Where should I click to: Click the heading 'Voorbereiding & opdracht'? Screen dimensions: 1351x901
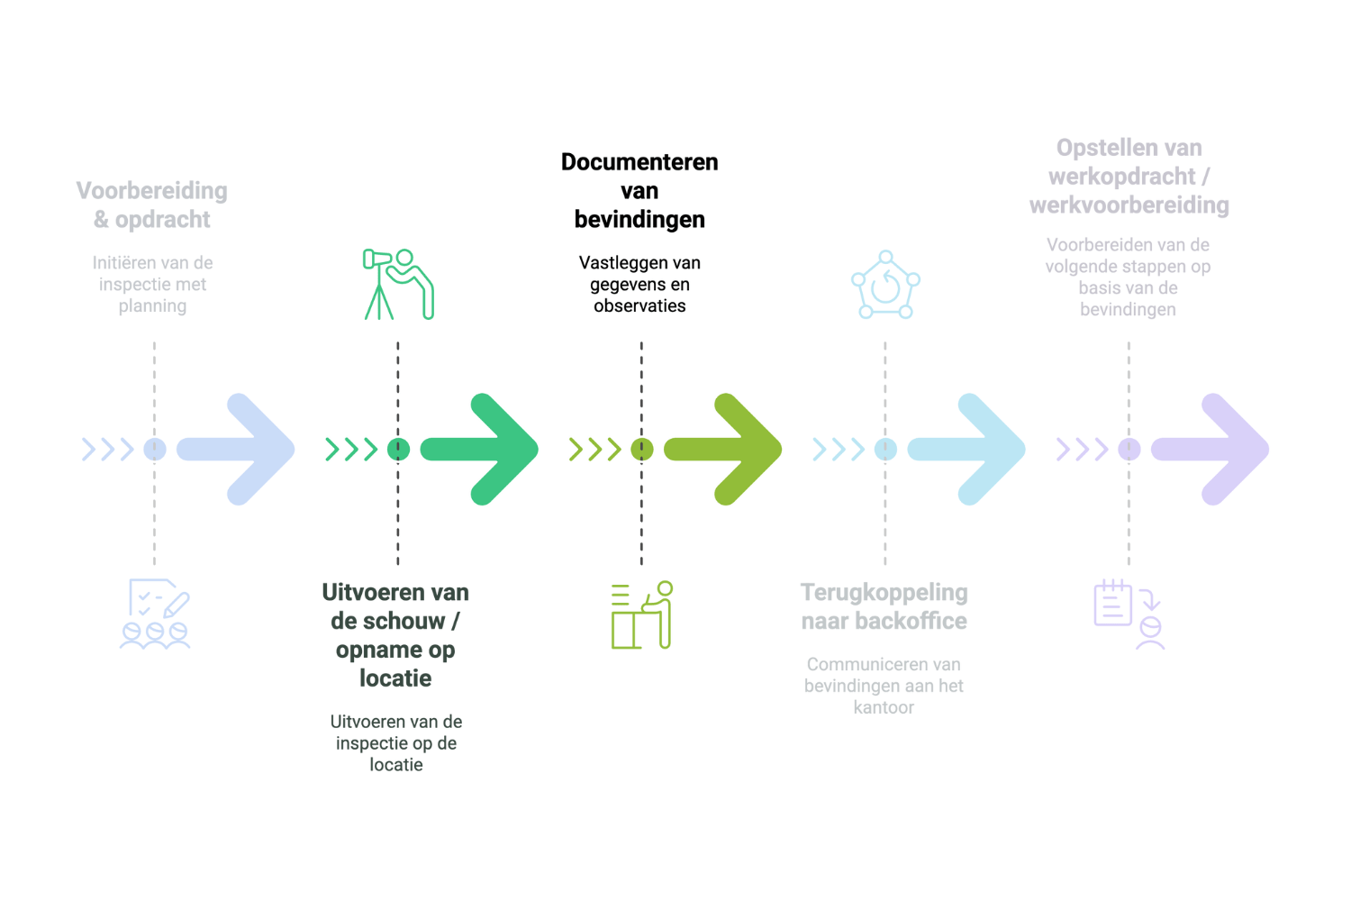(x=152, y=205)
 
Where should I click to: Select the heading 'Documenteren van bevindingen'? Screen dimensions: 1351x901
(x=639, y=191)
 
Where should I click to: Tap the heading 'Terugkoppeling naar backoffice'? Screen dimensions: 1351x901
(x=884, y=606)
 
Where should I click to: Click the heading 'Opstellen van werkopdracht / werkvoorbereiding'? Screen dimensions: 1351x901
(x=1129, y=177)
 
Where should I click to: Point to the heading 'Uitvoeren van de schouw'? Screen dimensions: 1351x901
(x=395, y=635)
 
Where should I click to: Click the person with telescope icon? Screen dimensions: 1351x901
(x=399, y=284)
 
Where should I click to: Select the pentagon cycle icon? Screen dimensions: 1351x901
(x=885, y=284)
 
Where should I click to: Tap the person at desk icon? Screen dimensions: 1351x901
(x=641, y=614)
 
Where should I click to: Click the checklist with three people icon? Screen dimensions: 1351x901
(x=155, y=614)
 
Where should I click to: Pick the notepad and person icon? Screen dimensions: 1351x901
(x=1129, y=614)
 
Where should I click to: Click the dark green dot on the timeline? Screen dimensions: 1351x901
(x=398, y=450)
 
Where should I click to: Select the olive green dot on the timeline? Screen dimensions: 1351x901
(x=641, y=450)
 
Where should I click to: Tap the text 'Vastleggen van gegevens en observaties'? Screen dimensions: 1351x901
(x=639, y=284)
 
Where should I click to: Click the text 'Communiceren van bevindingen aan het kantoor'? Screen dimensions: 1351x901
(x=884, y=686)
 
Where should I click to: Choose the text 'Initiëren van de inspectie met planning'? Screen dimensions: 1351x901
(x=152, y=284)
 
